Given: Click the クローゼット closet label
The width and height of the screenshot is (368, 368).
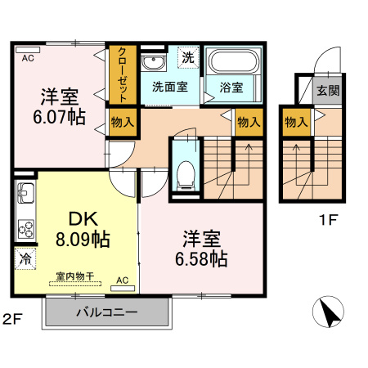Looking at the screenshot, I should tap(122, 74).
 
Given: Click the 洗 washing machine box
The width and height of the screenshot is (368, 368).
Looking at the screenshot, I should tap(188, 58).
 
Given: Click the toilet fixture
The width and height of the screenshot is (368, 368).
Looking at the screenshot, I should tap(186, 173).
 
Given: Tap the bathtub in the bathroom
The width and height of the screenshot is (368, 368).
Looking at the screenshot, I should tap(233, 62).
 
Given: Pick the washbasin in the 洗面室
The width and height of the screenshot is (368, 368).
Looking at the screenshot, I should tap(152, 64).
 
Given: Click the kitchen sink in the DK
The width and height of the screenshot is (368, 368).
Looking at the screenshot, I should tap(25, 197).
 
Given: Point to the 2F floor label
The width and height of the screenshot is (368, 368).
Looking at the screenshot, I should tap(11, 317).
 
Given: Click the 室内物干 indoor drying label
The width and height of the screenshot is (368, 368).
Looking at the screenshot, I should tap(74, 277).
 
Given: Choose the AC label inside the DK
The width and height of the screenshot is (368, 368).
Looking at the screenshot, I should tap(123, 280).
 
